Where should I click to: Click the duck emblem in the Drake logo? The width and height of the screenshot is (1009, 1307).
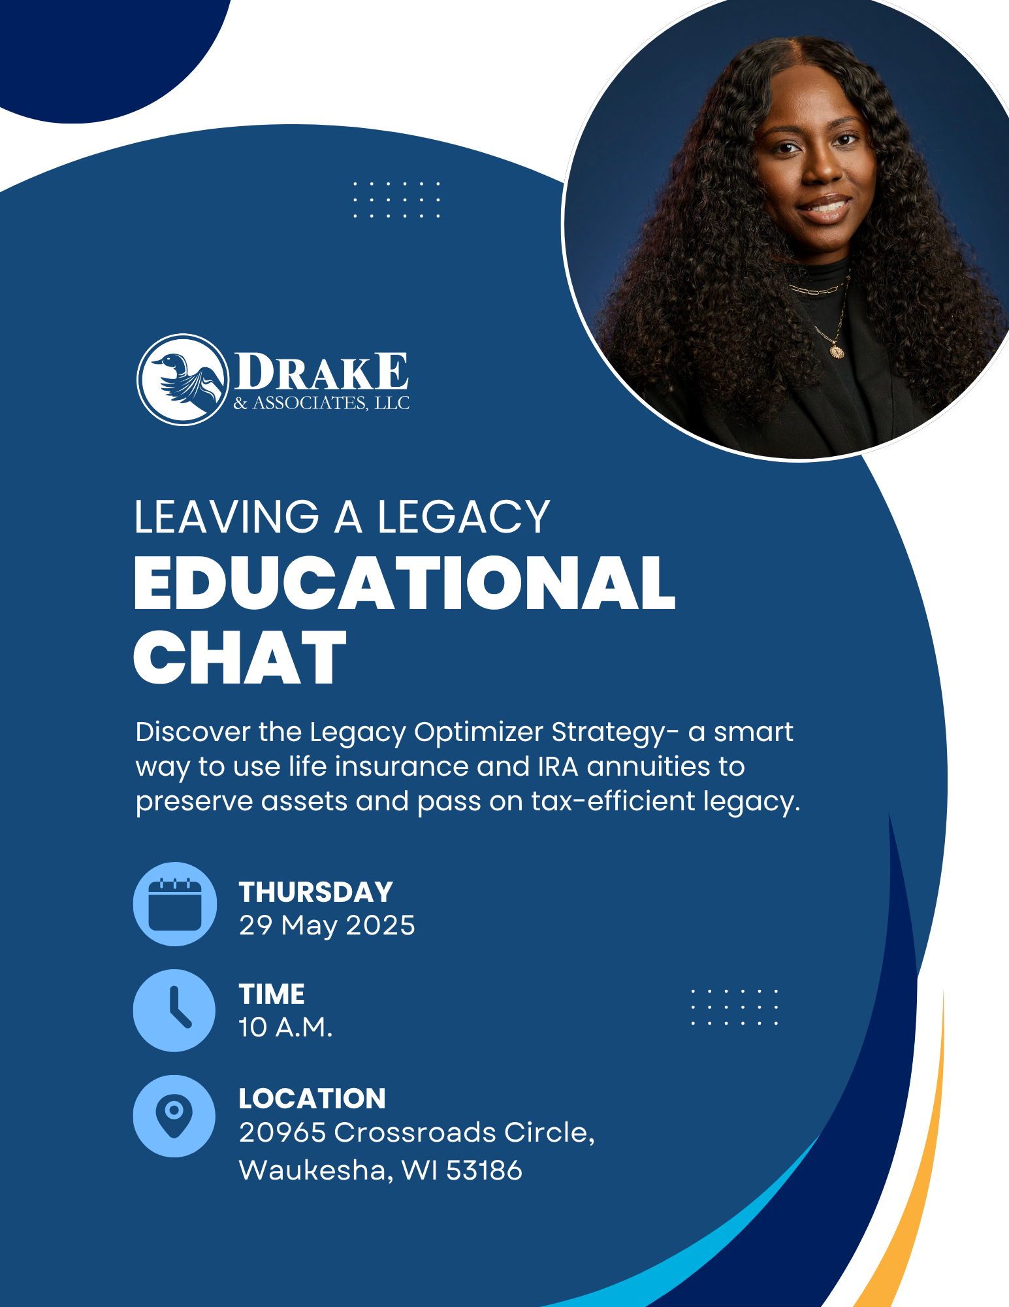[x=183, y=380]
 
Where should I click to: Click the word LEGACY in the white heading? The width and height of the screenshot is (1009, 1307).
[x=464, y=517]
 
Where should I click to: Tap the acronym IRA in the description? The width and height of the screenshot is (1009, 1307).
[x=558, y=767]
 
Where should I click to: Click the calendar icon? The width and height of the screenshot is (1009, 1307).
[x=175, y=904]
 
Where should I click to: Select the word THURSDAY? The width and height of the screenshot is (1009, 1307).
[x=316, y=892]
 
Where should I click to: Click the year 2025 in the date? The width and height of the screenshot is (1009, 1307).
[x=380, y=925]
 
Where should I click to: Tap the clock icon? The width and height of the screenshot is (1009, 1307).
[x=174, y=1010]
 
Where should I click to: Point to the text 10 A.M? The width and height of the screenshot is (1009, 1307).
[x=285, y=1027]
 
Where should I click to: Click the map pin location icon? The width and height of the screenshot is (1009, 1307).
[x=174, y=1116]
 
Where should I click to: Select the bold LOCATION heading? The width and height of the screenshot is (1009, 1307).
[x=312, y=1099]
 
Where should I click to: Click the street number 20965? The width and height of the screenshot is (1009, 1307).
[x=282, y=1133]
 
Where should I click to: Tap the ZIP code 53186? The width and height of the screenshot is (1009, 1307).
[x=484, y=1170]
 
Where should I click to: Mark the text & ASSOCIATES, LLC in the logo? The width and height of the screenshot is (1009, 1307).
[x=321, y=403]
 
